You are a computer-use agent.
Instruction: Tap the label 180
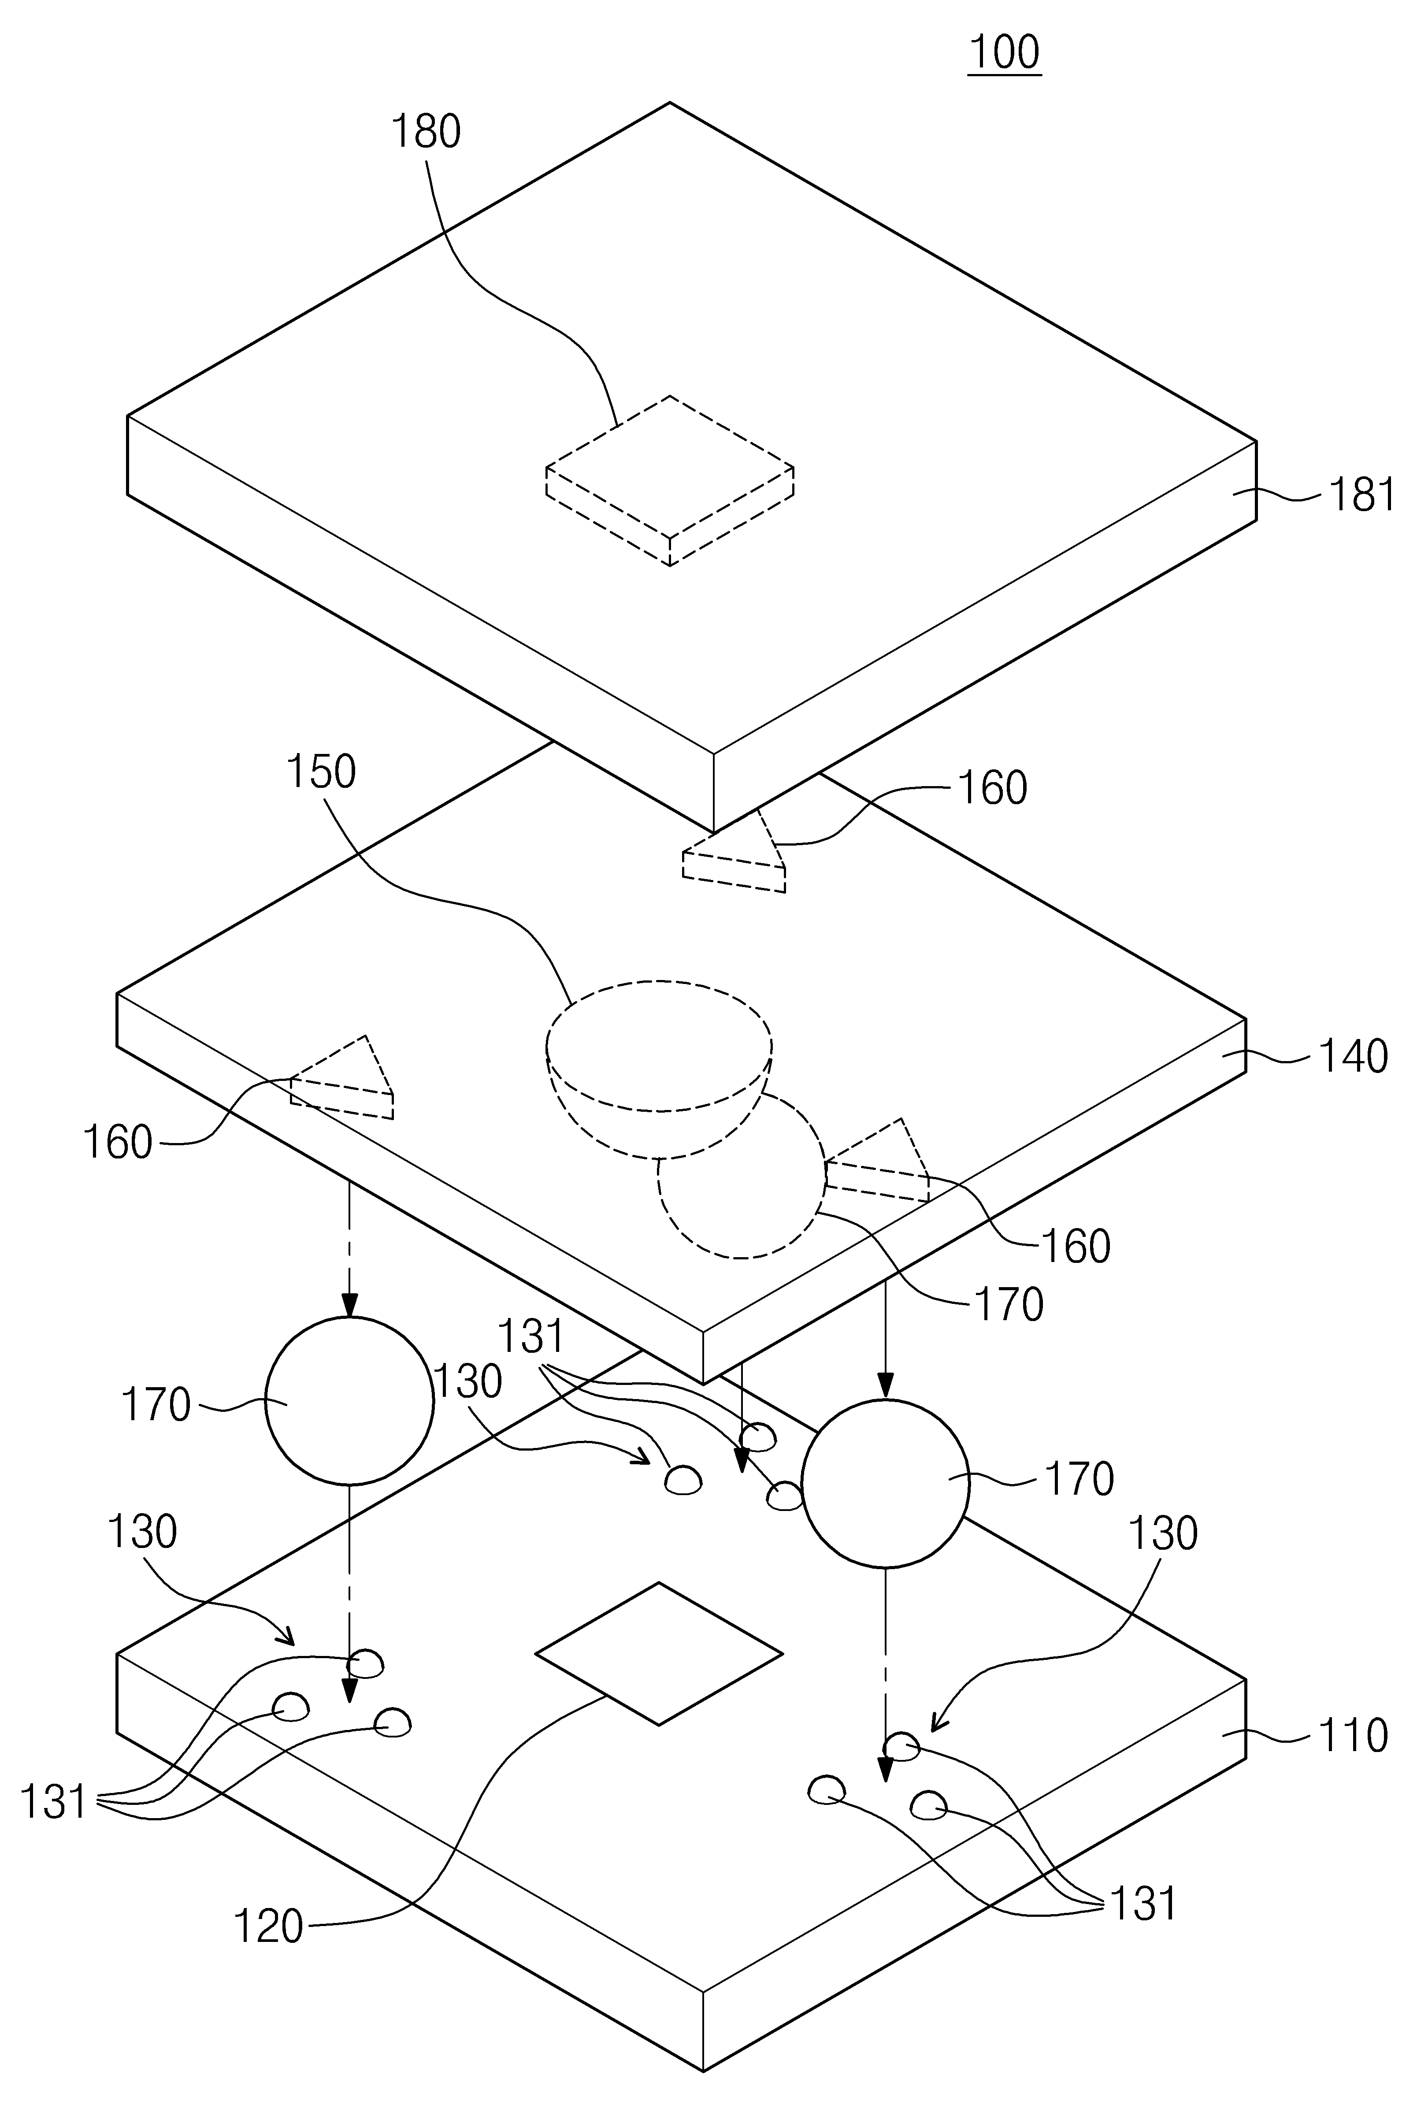[426, 132]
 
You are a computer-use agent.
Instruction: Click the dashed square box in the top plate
[670, 481]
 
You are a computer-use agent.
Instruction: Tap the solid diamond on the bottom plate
[659, 1654]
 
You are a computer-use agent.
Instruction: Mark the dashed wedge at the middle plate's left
[341, 1080]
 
